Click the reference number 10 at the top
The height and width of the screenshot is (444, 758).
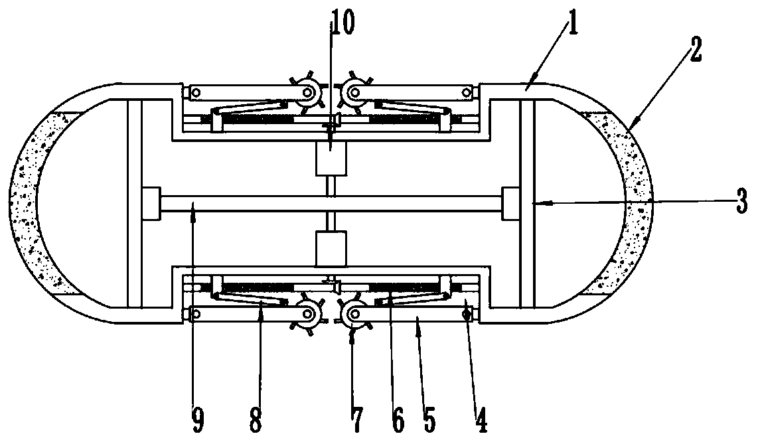pyautogui.click(x=344, y=23)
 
